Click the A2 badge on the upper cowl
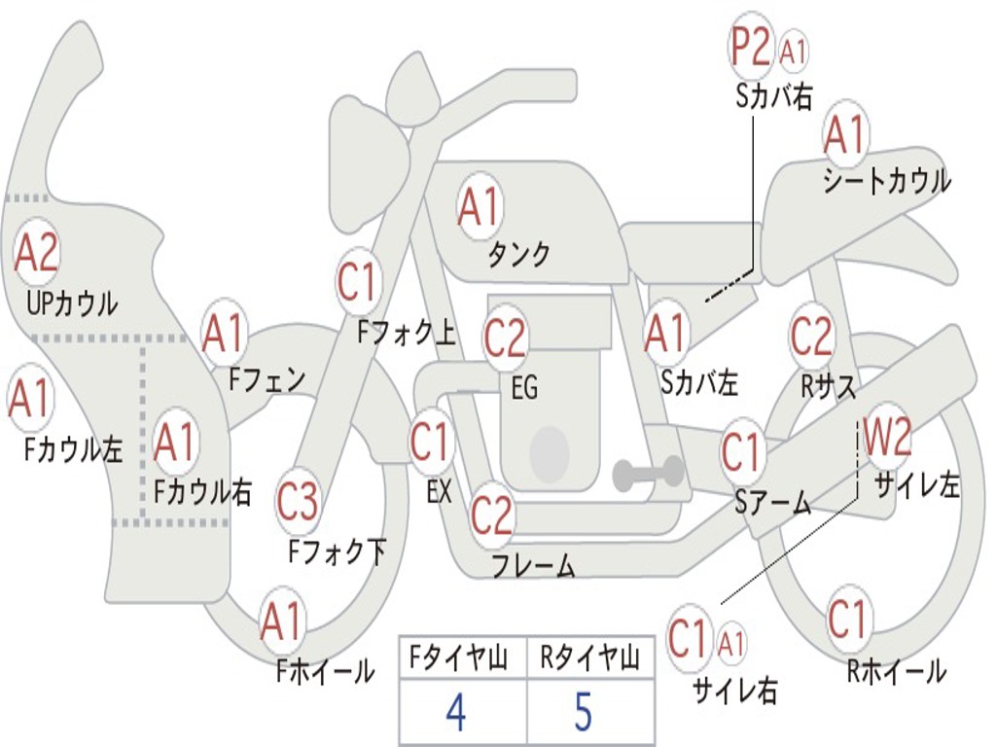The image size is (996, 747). tap(36, 252)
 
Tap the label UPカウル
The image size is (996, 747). tap(72, 303)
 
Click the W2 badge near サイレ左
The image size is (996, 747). tap(887, 436)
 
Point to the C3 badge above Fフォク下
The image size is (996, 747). tap(298, 501)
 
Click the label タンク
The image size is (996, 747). tap(518, 254)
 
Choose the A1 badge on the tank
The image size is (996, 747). tap(479, 206)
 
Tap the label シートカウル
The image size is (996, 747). tap(887, 180)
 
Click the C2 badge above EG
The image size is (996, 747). tap(505, 338)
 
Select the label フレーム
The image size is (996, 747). tap(534, 565)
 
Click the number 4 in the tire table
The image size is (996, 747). tap(456, 712)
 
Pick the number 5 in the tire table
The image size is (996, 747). tap(584, 712)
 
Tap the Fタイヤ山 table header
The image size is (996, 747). tap(459, 658)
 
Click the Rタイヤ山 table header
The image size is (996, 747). tap(589, 658)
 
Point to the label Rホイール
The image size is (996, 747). tap(896, 671)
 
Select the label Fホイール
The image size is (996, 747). tap(325, 671)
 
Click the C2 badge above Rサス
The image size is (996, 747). tap(811, 336)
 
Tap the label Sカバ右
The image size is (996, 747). tap(773, 97)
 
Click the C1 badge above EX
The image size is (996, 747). tap(431, 441)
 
